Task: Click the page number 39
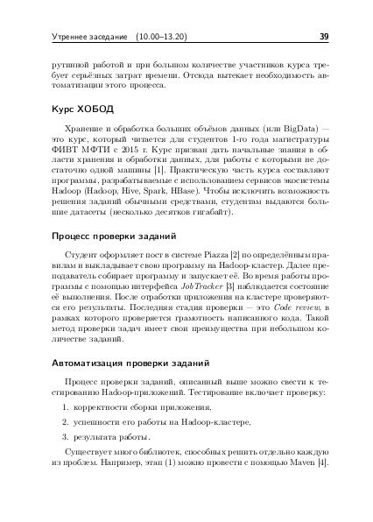pyautogui.click(x=323, y=39)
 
